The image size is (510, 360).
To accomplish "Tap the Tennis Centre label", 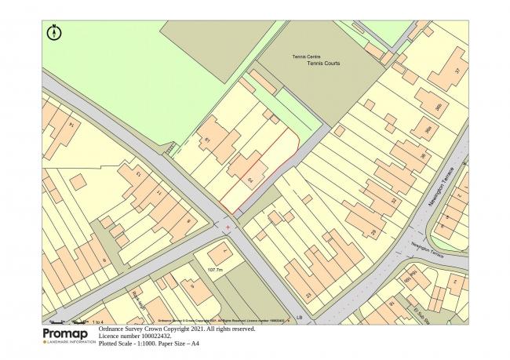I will coord(305,56).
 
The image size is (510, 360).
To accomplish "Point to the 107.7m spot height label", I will coord(216,270).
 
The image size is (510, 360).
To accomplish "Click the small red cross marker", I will coord(228,227).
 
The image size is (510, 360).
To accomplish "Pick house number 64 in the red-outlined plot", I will coord(250,181).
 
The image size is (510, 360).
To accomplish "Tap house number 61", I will coord(208,140).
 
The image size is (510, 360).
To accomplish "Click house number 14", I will coord(72,124).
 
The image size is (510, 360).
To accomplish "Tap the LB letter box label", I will coord(299,317).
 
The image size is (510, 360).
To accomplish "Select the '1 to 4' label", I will coord(98,322).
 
